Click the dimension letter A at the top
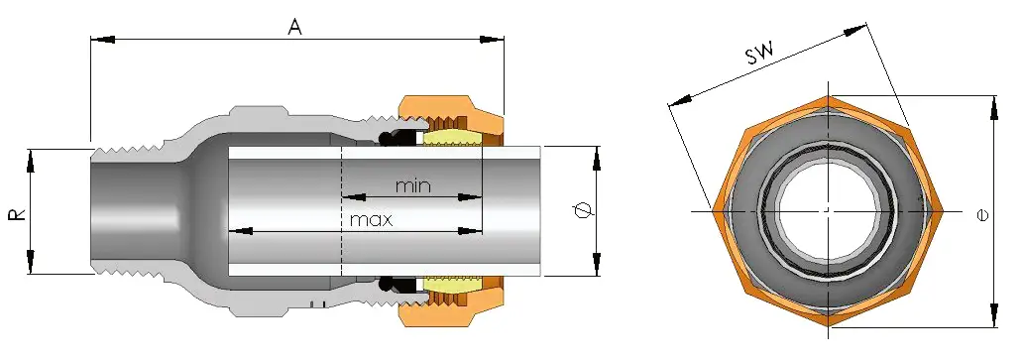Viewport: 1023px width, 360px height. [294, 27]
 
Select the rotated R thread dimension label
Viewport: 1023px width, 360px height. [18, 212]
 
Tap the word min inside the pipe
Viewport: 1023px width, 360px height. [413, 185]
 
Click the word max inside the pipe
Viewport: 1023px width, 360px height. [371, 219]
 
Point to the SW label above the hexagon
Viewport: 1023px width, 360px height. [760, 54]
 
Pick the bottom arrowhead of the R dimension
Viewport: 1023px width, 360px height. [30, 267]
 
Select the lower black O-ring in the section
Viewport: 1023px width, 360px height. [402, 286]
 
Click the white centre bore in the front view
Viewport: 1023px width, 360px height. [825, 211]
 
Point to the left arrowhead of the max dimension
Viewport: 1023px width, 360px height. [239, 231]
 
